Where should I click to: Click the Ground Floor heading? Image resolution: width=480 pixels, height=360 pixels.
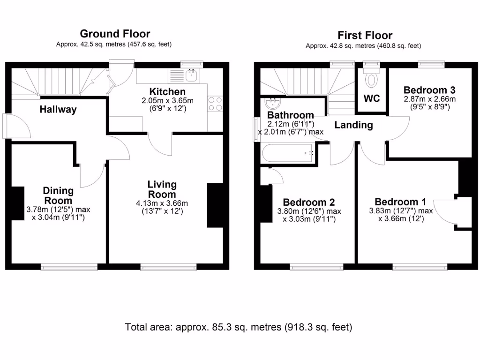click(x=115, y=34)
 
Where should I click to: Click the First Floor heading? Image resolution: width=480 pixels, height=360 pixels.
click(x=365, y=35)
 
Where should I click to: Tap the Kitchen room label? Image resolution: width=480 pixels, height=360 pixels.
click(x=167, y=91)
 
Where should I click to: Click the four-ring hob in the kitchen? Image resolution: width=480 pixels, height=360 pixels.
click(x=215, y=104)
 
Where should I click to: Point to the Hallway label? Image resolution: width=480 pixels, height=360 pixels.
click(x=58, y=110)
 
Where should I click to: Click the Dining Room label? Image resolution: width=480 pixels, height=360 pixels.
click(x=58, y=195)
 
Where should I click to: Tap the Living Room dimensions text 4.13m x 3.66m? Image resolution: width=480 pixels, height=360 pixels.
click(x=162, y=203)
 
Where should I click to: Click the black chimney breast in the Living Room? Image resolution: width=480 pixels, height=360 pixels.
click(x=215, y=205)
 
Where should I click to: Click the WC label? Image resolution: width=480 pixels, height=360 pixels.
click(x=372, y=99)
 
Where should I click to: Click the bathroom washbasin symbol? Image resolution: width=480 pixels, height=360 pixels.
click(x=271, y=104)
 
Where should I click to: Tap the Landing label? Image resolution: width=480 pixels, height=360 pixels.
click(x=353, y=125)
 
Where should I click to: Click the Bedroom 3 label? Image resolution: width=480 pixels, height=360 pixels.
click(x=429, y=90)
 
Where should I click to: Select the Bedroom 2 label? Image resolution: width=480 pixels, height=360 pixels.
click(x=309, y=202)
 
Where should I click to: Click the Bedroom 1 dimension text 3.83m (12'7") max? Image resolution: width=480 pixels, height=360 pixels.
click(x=401, y=211)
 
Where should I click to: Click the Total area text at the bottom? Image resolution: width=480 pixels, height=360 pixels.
click(x=239, y=327)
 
